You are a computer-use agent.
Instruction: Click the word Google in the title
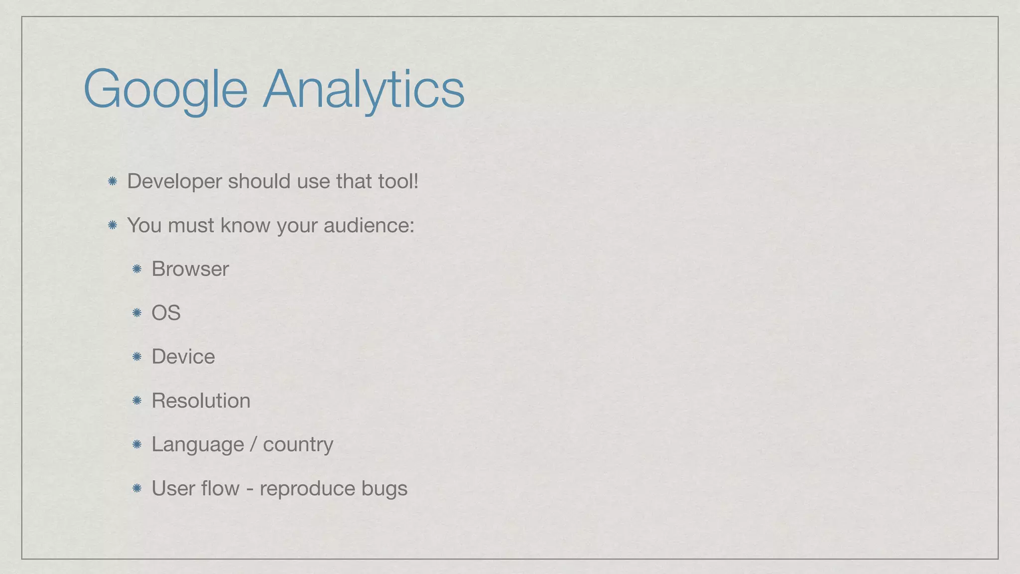pyautogui.click(x=165, y=90)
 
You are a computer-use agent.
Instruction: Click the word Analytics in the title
pyautogui.click(x=364, y=90)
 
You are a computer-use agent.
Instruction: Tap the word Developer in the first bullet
pyautogui.click(x=174, y=181)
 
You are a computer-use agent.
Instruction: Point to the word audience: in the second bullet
pyautogui.click(x=369, y=225)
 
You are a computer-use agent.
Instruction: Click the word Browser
pyautogui.click(x=190, y=269)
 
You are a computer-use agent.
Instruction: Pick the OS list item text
pyautogui.click(x=166, y=313)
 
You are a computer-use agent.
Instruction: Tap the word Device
pyautogui.click(x=183, y=357)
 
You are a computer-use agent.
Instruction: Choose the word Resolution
pyautogui.click(x=201, y=401)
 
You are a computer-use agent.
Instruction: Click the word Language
pyautogui.click(x=198, y=444)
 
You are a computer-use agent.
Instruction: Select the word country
pyautogui.click(x=298, y=444)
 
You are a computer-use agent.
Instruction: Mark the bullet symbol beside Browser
pyautogui.click(x=137, y=269)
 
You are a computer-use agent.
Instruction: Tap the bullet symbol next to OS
pyautogui.click(x=137, y=313)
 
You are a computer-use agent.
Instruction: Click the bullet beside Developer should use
pyautogui.click(x=113, y=181)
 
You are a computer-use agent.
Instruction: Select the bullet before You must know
pyautogui.click(x=113, y=225)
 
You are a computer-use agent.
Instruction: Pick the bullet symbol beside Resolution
pyautogui.click(x=137, y=401)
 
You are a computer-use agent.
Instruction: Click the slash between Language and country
pyautogui.click(x=254, y=444)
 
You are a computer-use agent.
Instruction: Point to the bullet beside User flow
pyautogui.click(x=137, y=488)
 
